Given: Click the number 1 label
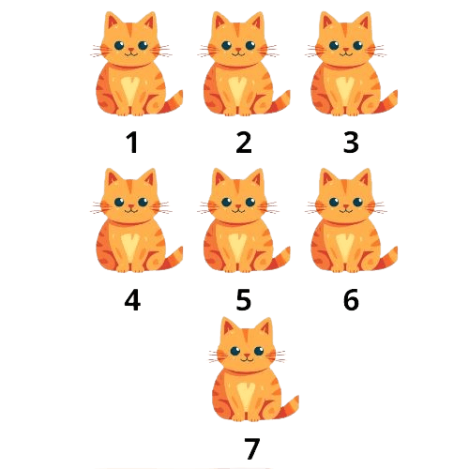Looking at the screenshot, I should [x=132, y=143].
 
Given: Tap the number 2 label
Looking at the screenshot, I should [x=244, y=143].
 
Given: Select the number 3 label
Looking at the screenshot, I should [x=351, y=143].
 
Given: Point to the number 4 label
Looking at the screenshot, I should [x=132, y=299].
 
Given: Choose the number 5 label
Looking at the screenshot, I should [x=244, y=299].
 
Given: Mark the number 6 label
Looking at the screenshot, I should [x=351, y=299].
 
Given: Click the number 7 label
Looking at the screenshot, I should [x=251, y=448].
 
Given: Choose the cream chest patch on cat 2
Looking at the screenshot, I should [x=240, y=91].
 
